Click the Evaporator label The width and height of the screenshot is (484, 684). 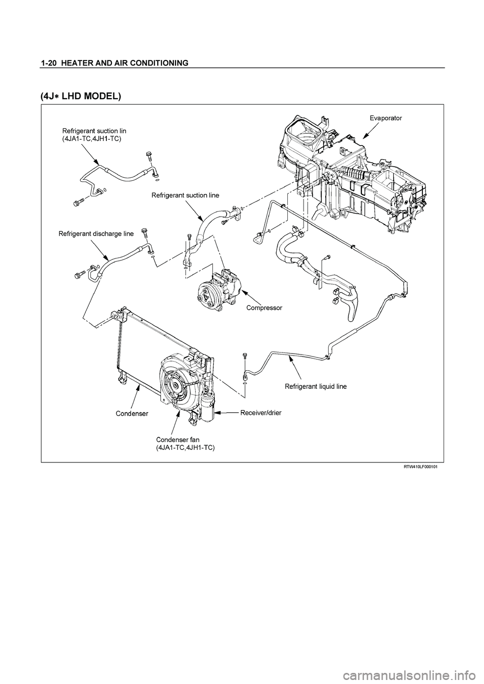click(386, 118)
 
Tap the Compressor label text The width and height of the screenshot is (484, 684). click(264, 308)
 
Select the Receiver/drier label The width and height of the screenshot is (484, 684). click(261, 413)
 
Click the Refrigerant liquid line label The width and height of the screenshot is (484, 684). click(316, 387)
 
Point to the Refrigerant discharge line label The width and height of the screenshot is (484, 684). click(96, 234)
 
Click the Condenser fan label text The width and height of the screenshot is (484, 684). click(177, 440)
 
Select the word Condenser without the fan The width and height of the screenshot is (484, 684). click(132, 414)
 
